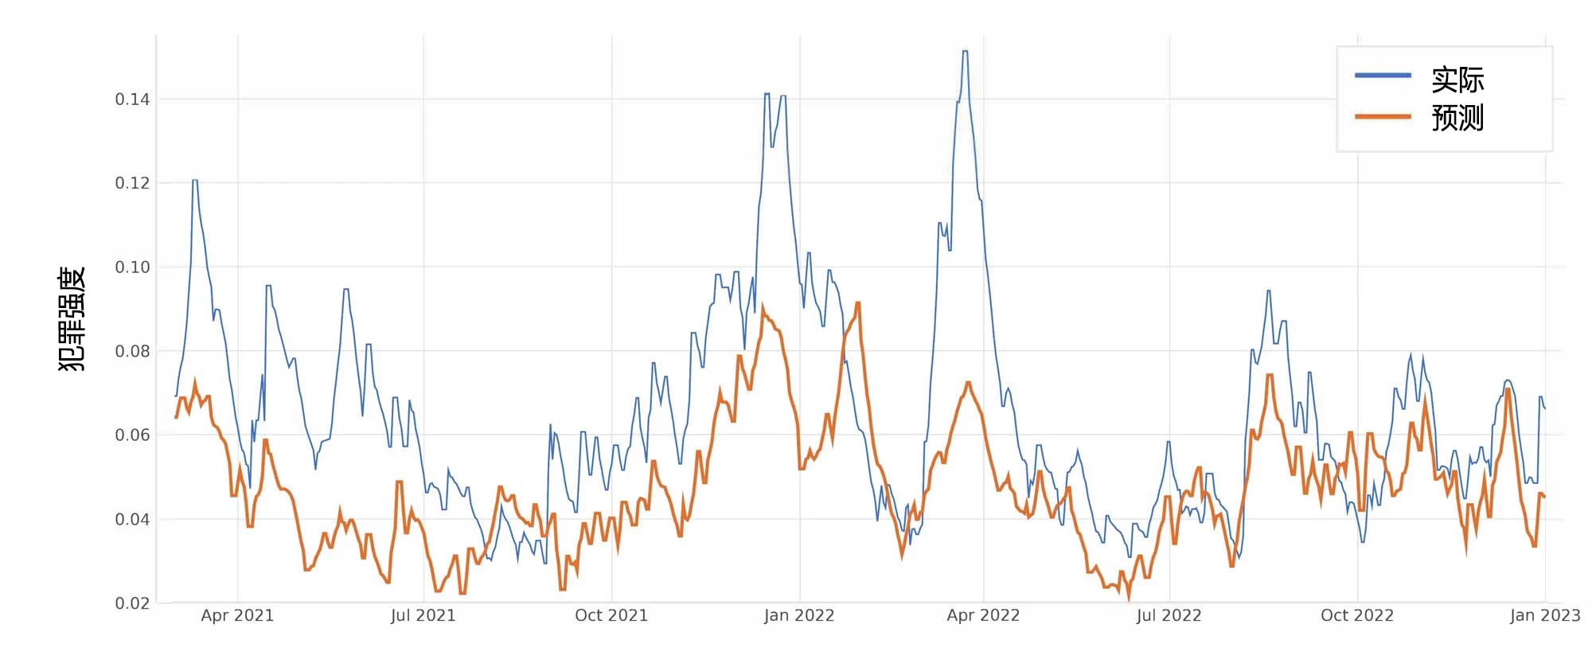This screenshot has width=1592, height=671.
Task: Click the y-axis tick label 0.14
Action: tap(132, 99)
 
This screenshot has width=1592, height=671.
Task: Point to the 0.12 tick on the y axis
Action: tap(132, 183)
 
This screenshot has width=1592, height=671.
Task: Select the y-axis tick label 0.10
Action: tap(132, 267)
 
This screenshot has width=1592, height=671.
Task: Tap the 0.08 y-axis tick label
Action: tap(132, 351)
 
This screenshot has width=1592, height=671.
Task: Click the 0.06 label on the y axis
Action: tap(132, 435)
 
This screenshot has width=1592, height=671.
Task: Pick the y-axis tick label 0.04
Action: tap(132, 520)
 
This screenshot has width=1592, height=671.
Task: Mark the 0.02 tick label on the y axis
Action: tap(132, 603)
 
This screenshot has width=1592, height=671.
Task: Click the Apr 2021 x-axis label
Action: tap(237, 615)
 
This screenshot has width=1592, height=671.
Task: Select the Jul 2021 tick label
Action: tap(423, 615)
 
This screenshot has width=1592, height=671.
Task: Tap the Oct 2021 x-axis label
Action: tap(611, 615)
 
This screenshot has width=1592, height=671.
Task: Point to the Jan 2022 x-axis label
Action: tap(799, 615)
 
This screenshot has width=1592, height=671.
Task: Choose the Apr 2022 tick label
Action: tap(983, 615)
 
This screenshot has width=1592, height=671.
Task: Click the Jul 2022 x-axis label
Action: tap(1169, 615)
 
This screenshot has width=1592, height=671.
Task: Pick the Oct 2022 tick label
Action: tap(1357, 615)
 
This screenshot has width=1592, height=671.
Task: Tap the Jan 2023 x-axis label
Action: tap(1545, 615)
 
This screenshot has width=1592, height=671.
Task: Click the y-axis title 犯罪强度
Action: tap(72, 318)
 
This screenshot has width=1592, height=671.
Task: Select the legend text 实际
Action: tap(1457, 80)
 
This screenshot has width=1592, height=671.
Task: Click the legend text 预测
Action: tap(1457, 118)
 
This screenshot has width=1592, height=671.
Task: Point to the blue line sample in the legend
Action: tap(1383, 76)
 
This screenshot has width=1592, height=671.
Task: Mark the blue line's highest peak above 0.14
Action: tap(965, 52)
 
